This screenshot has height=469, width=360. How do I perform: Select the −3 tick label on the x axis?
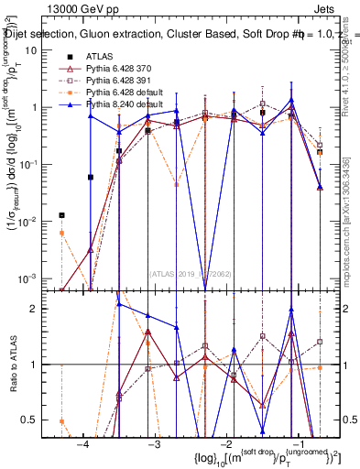point(154,444)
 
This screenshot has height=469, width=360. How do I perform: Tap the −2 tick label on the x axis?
point(226,444)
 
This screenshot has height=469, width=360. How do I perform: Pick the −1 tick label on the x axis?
point(298,444)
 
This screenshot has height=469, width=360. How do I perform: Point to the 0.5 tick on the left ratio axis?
point(40,420)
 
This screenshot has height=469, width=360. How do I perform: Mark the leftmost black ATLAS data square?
point(61,215)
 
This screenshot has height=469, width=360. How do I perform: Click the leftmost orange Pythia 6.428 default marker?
point(61,233)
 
